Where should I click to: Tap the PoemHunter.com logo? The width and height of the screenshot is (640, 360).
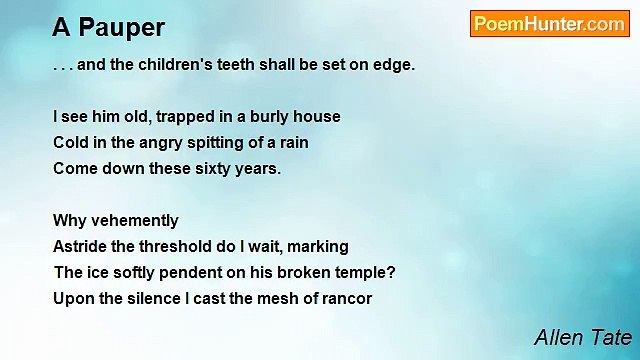coord(549,24)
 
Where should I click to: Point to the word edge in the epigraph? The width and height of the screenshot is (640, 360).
coord(391,65)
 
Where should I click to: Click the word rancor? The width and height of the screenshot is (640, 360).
coord(346,299)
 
